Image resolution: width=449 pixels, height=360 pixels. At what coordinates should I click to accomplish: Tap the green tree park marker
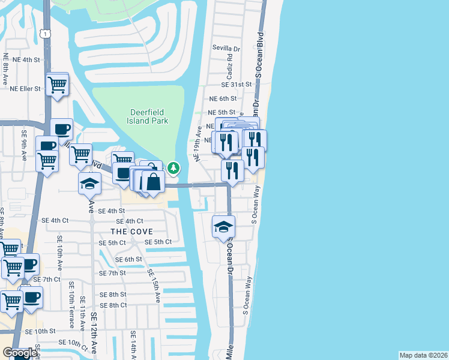tap(173, 168)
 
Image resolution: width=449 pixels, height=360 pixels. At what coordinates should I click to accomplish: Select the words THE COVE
tap(131, 231)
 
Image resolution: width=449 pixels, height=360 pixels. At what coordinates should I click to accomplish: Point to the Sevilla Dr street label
tap(226, 48)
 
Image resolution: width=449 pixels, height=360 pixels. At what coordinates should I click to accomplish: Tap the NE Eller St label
tap(25, 88)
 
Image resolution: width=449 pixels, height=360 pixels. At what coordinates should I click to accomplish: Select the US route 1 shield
tap(46, 34)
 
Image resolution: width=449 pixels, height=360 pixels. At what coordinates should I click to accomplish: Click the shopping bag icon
tap(154, 182)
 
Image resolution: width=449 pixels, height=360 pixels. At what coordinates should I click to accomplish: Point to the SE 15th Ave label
tap(154, 285)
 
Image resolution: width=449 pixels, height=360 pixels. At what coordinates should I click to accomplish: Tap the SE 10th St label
tap(40, 331)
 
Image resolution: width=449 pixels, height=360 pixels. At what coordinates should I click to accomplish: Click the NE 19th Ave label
tap(197, 143)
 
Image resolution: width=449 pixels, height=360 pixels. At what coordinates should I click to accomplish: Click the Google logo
tap(19, 353)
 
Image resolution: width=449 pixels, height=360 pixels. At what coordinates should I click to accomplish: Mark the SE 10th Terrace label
tap(71, 305)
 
